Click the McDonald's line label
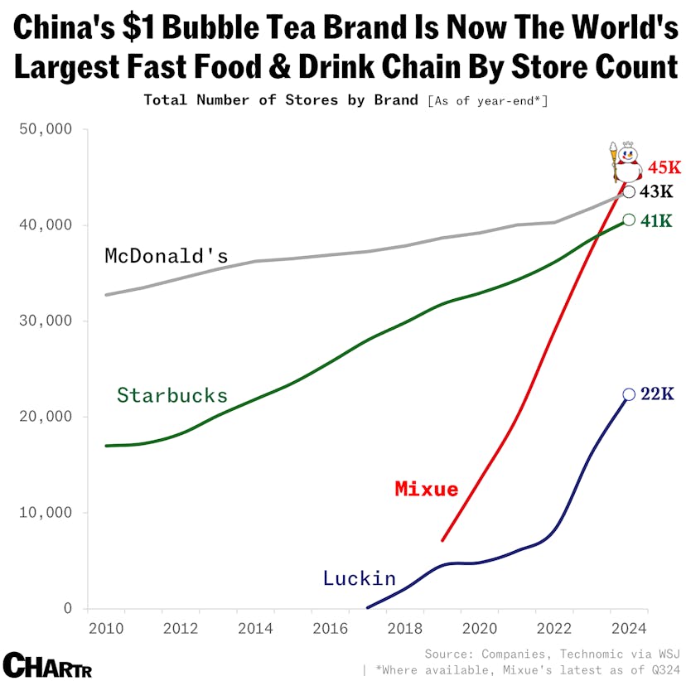pos(166,256)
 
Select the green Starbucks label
pos(171,395)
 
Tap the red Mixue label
pos(426,489)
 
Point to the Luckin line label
pos(359,578)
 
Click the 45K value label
pos(664,167)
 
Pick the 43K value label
pos(657,192)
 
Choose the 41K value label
pos(658,221)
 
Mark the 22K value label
pos(658,394)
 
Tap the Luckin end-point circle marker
pos(629,394)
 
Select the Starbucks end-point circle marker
pos(629,220)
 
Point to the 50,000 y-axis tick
pos(45,129)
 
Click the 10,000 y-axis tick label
pos(45,513)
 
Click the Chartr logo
pos(47,664)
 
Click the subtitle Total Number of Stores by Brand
pos(281,100)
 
